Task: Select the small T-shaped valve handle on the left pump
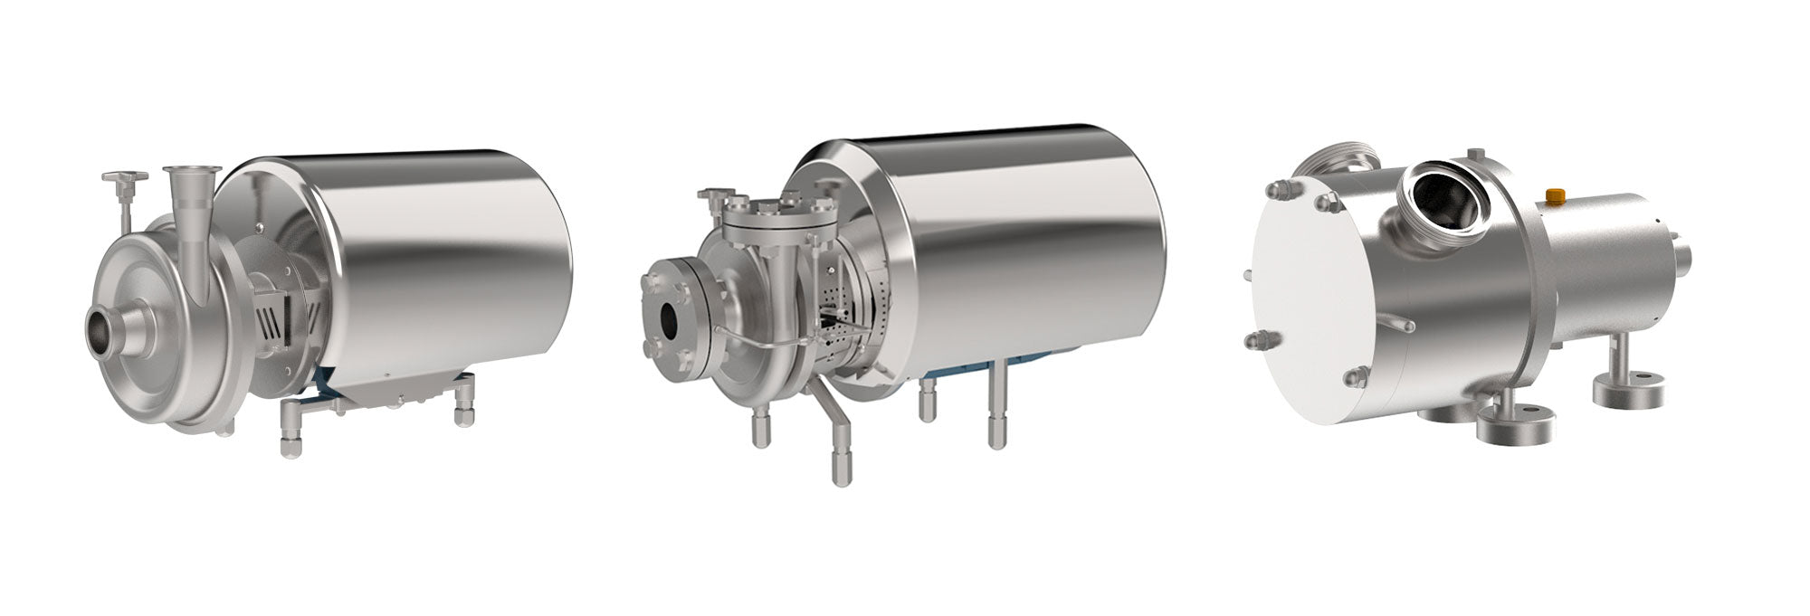(x=124, y=177)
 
